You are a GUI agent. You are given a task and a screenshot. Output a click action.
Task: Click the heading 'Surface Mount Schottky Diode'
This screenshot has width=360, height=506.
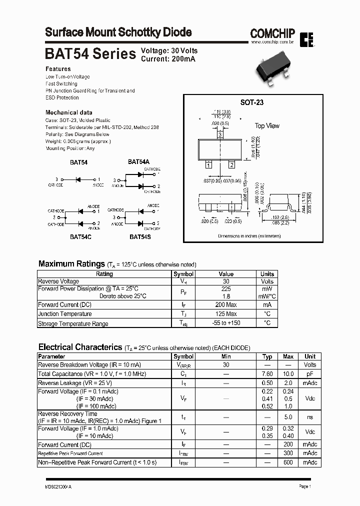click(118, 32)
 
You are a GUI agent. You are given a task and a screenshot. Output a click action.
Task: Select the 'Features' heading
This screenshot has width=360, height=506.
click(58, 69)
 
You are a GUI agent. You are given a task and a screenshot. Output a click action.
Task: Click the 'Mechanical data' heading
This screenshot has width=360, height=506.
click(68, 112)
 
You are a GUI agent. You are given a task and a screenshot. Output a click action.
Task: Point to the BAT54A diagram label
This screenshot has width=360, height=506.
click(138, 161)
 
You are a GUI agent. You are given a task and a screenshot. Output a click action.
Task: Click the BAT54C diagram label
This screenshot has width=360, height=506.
click(80, 236)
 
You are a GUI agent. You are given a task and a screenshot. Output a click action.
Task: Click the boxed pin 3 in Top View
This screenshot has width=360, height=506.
click(220, 134)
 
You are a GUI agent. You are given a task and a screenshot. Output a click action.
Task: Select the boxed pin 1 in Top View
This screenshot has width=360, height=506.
click(208, 164)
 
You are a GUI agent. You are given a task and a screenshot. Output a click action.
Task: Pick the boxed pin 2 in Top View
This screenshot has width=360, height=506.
click(231, 164)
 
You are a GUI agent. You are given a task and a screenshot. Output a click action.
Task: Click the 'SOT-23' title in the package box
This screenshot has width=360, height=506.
click(252, 102)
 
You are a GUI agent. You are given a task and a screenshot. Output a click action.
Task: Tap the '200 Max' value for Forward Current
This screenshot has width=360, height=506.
click(226, 304)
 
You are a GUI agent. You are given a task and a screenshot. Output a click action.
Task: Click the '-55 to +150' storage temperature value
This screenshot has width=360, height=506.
click(226, 323)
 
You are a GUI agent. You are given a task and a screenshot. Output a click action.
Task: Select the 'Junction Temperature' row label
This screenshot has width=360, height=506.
click(65, 314)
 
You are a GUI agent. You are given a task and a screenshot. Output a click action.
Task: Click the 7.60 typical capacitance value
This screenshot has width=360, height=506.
click(267, 374)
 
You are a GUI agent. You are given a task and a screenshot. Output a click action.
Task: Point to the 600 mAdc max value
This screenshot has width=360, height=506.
click(288, 462)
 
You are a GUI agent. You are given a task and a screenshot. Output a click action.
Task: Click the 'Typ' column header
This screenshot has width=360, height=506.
click(267, 356)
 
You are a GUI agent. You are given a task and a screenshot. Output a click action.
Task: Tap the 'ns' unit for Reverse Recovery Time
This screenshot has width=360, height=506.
click(310, 417)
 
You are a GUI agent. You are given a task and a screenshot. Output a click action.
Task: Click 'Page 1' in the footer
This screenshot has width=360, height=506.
click(305, 486)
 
